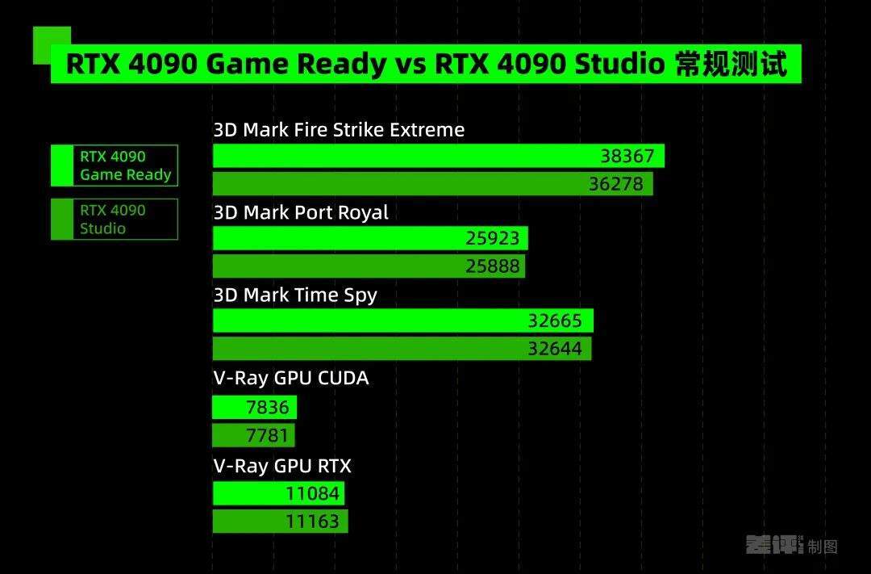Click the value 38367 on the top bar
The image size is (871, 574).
coord(627,157)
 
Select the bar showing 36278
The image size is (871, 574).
coord(433,183)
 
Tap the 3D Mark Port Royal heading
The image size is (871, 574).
coord(301,212)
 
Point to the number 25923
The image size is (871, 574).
coord(492,239)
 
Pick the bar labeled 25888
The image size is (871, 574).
coord(369,266)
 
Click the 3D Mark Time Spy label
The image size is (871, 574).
coord(295,295)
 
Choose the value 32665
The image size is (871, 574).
coord(554,321)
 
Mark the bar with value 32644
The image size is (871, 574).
coord(402,348)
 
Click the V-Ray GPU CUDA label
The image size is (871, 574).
coord(291,378)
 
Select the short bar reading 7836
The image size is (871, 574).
coord(254,407)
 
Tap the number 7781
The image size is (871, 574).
coord(267,435)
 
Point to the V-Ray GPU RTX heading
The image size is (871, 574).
coord(282,466)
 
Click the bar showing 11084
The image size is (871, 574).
coord(278,493)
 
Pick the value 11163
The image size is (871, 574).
coord(312,522)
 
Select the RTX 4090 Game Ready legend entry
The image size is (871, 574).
coord(115,165)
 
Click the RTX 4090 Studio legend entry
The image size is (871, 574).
coord(115,219)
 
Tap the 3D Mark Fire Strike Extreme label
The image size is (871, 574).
coord(339,130)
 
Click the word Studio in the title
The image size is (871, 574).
coord(619,64)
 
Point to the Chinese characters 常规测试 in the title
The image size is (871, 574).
coord(731,64)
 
